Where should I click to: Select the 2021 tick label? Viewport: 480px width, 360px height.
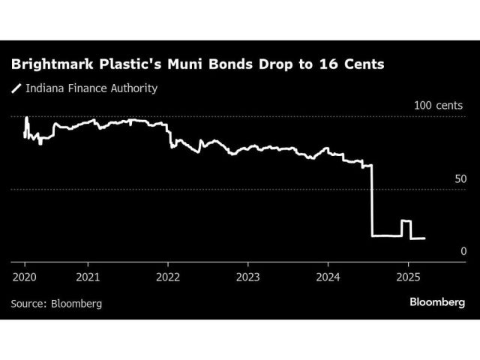[88, 277]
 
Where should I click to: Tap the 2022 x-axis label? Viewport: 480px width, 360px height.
[168, 277]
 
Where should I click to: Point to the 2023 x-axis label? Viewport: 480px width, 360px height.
[248, 277]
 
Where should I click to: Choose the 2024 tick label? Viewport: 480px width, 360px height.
[328, 277]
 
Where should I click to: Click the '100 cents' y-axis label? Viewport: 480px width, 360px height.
[440, 105]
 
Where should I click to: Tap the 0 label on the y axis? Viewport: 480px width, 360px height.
[463, 251]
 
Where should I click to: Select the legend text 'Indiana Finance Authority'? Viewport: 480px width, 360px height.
[91, 88]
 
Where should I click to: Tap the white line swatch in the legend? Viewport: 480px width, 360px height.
[17, 89]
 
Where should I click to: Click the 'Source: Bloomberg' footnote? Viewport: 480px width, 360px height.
[56, 304]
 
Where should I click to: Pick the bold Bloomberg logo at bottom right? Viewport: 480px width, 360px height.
[437, 302]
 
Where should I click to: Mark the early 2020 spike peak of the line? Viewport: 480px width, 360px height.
[26, 118]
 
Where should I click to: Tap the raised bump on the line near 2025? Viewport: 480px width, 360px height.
[406, 221]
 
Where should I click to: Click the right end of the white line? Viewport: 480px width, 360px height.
[424, 238]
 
